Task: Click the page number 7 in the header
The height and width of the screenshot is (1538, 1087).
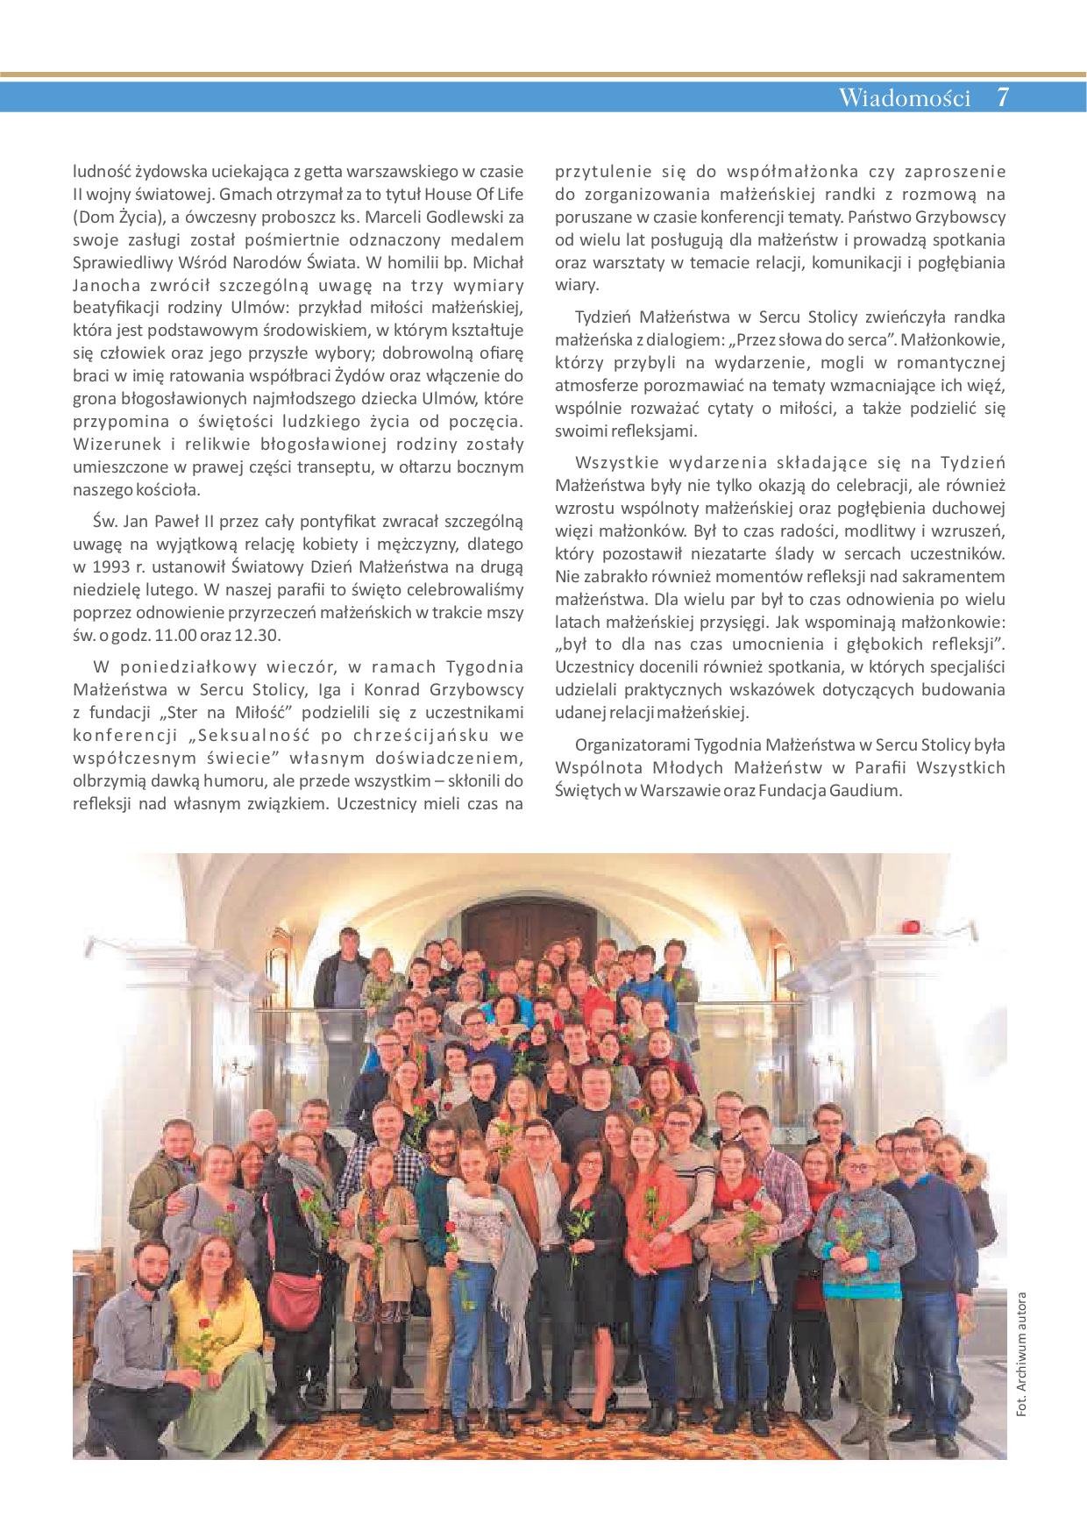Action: [x=1003, y=96]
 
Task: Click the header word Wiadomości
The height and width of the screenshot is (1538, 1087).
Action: [x=905, y=97]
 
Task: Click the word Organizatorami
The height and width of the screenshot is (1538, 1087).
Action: [x=632, y=745]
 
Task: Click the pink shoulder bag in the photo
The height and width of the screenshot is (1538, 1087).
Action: [x=294, y=1299]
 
